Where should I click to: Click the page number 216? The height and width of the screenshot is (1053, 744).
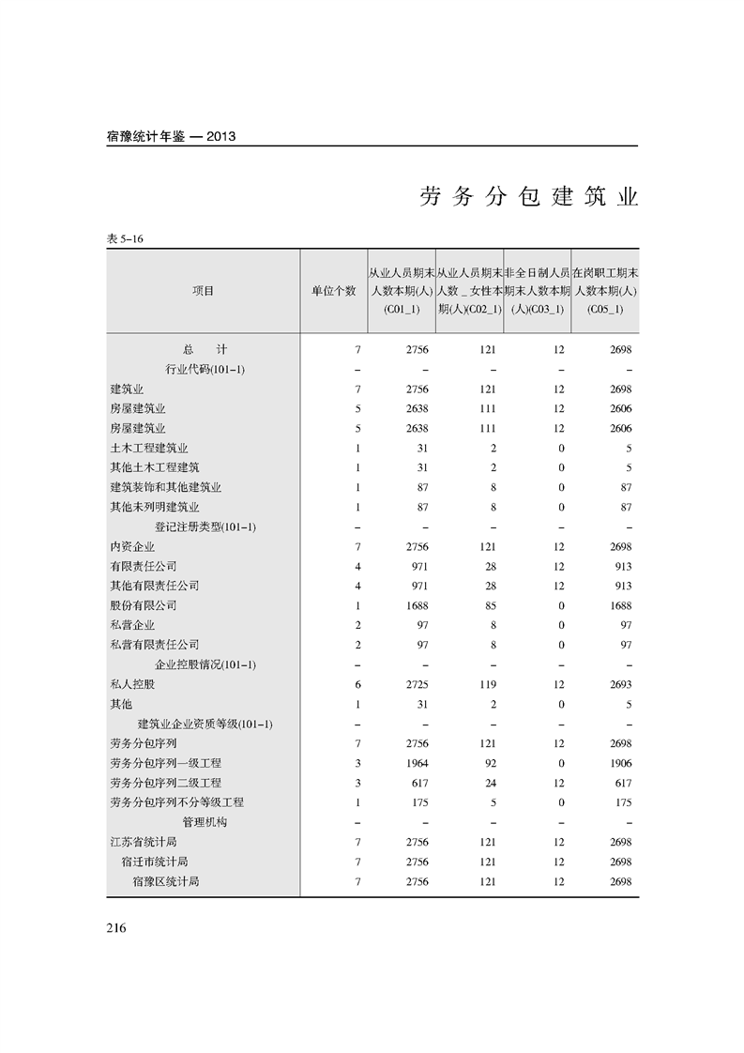116,928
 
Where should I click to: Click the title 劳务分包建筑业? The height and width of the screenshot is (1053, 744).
528,198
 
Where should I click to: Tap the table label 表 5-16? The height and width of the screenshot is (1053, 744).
125,239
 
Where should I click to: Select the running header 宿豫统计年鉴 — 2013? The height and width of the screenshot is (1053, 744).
171,136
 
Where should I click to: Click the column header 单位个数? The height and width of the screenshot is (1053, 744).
334,291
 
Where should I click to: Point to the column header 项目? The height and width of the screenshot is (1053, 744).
203,291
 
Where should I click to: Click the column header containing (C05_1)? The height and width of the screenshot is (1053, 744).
604,291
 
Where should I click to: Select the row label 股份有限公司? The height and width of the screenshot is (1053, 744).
143,605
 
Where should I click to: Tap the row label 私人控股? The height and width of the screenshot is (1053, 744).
131,684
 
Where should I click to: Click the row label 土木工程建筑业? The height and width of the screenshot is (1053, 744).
148,448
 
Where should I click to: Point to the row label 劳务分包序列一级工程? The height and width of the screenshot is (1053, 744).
165,763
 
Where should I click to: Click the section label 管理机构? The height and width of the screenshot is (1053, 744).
205,822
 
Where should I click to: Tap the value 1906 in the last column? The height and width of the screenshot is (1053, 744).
620,763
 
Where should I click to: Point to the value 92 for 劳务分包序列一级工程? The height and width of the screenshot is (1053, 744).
490,763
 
